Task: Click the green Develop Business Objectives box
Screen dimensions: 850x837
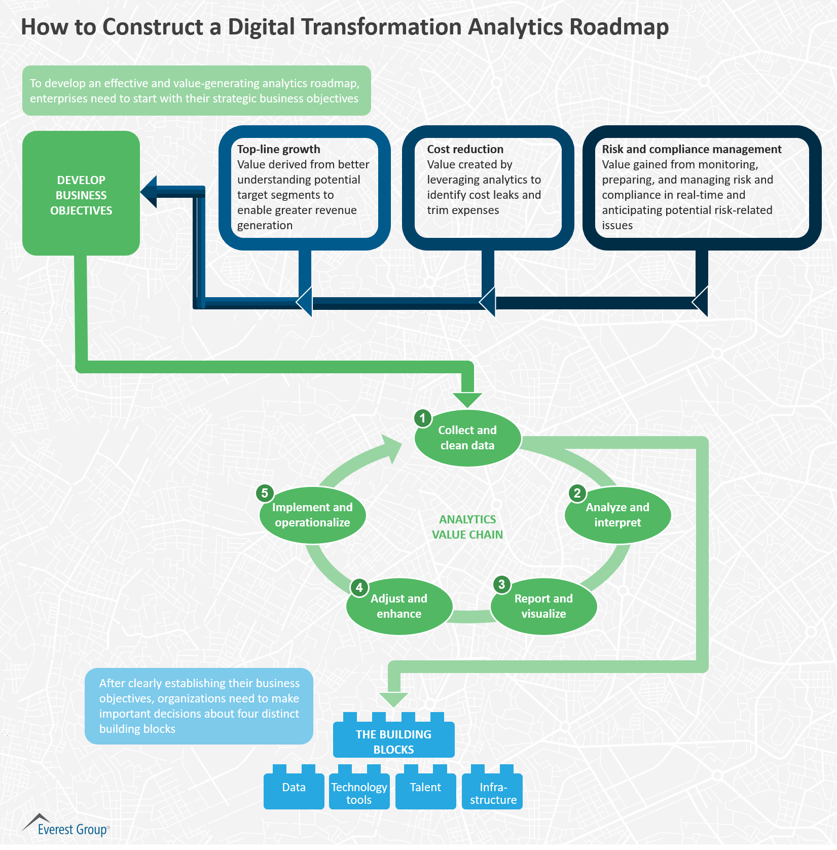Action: pyautogui.click(x=81, y=193)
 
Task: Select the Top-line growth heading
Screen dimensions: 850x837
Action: pyautogui.click(x=278, y=149)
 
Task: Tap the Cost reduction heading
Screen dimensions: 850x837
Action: pyautogui.click(x=465, y=149)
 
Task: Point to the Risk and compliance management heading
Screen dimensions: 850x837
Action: pyautogui.click(x=692, y=149)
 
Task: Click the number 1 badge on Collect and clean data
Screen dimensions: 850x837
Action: pyautogui.click(x=423, y=418)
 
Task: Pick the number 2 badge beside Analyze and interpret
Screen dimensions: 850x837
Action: pyautogui.click(x=577, y=493)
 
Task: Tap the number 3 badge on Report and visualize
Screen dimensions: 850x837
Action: pyautogui.click(x=501, y=584)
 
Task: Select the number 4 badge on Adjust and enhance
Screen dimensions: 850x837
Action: pyautogui.click(x=359, y=587)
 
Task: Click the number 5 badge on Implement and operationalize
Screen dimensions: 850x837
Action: pyautogui.click(x=265, y=493)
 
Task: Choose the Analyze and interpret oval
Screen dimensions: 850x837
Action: pyautogui.click(x=617, y=515)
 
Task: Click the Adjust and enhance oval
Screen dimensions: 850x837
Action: pyautogui.click(x=399, y=607)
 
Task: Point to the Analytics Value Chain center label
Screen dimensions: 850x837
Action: pyautogui.click(x=467, y=527)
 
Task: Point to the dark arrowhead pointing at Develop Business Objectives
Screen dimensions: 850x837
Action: pyautogui.click(x=150, y=192)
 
